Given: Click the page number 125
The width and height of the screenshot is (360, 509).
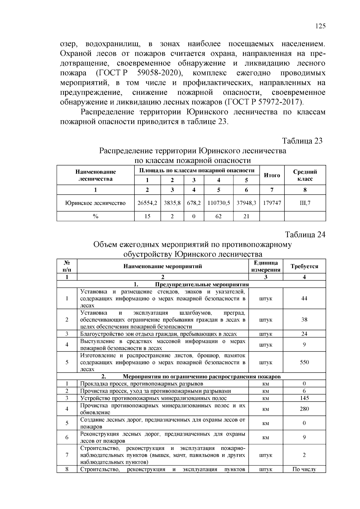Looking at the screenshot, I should click(x=320, y=26).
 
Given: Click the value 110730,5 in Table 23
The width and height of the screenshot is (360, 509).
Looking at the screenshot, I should click(x=218, y=203).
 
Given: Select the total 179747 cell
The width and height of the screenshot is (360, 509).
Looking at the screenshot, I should click(x=272, y=203).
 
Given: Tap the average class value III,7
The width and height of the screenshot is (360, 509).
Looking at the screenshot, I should click(x=305, y=203).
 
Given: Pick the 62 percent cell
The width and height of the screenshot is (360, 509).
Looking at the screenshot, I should click(x=218, y=216).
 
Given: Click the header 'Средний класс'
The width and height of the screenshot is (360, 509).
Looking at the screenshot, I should click(x=305, y=175).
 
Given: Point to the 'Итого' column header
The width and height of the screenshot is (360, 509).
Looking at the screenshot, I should click(x=272, y=175).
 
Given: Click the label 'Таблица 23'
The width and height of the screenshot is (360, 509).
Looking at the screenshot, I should click(x=302, y=141).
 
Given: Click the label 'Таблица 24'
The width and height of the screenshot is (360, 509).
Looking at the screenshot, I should click(x=305, y=234).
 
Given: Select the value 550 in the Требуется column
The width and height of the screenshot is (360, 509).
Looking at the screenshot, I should click(x=304, y=362).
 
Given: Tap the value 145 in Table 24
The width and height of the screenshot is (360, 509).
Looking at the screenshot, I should click(x=304, y=398).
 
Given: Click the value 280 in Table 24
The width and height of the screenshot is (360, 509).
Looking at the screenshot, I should click(x=304, y=409).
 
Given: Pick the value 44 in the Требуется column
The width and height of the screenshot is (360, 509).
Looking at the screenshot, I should click(x=304, y=298).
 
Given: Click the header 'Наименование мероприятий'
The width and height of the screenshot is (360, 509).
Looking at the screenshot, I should click(x=163, y=266).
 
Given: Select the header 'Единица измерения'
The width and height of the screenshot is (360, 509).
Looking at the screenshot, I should click(x=265, y=266).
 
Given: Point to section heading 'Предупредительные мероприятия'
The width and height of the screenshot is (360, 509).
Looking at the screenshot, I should click(x=202, y=285).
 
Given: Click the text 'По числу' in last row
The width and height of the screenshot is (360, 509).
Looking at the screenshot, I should click(x=304, y=469).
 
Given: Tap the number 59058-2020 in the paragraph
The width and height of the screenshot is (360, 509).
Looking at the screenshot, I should click(x=159, y=73).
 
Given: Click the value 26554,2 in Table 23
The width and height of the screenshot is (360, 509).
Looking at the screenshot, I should click(x=147, y=203).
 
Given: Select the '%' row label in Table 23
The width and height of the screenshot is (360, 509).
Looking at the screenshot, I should click(x=95, y=216).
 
